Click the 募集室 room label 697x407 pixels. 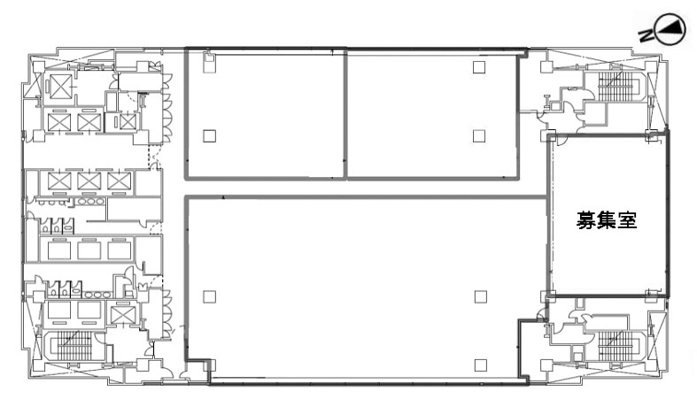607,219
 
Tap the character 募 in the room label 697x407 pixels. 586,219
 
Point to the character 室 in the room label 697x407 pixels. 628,219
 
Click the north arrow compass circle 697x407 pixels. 671,30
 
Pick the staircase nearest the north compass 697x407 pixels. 616,87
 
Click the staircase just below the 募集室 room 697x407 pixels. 616,345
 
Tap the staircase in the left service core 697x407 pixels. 74,346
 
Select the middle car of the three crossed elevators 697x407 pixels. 89,181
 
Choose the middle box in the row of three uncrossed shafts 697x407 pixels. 89,250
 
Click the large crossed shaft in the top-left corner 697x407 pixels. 61,87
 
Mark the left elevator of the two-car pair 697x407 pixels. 59,122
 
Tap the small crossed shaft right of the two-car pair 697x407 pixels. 128,122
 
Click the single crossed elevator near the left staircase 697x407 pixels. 120,315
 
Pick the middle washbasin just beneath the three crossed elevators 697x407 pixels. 89,201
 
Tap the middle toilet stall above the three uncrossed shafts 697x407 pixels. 57,226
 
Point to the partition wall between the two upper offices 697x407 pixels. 345,113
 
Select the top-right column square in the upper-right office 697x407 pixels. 479,67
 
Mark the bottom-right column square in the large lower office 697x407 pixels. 481,365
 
